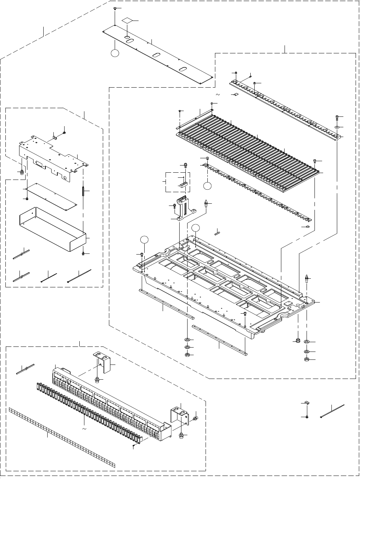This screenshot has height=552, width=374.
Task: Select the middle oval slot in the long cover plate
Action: point(156,55)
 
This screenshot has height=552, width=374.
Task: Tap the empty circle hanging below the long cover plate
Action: point(115,53)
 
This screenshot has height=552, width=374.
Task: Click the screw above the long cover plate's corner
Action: point(115,8)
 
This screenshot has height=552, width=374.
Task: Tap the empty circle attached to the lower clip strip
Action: point(207,186)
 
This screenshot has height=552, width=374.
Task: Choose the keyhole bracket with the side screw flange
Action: point(180,415)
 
